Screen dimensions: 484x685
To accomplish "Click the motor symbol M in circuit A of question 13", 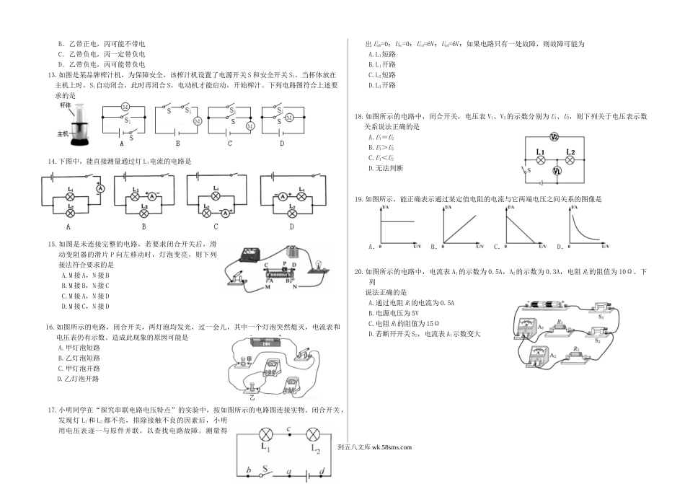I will (x=125, y=107).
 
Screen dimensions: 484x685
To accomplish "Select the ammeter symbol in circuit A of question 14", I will (x=102, y=188).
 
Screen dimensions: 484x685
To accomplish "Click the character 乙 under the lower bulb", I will (x=252, y=397).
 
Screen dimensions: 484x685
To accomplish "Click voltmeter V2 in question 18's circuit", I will (x=554, y=137).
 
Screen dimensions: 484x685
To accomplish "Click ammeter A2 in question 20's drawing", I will (x=535, y=354).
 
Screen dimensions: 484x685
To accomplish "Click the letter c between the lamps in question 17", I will (x=288, y=430).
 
